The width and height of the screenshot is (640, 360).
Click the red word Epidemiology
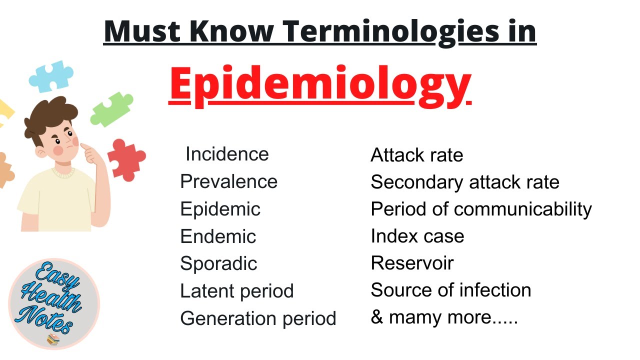tap(320, 85)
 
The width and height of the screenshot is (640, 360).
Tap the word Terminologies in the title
tap(391, 32)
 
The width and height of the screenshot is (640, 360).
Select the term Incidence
tap(227, 154)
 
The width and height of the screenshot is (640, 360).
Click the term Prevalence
tap(229, 181)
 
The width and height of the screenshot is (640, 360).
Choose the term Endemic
tap(218, 236)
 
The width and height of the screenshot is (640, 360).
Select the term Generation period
tap(258, 319)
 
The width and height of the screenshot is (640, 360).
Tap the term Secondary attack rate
tap(465, 182)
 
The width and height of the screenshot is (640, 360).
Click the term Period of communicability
tap(481, 209)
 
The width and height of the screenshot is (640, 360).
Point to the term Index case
tap(417, 236)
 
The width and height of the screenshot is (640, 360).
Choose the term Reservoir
tap(412, 263)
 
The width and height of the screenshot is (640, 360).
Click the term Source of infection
tap(451, 290)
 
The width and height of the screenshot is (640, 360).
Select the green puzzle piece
tap(111, 109)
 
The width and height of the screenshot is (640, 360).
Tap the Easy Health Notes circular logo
tap(54, 303)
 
